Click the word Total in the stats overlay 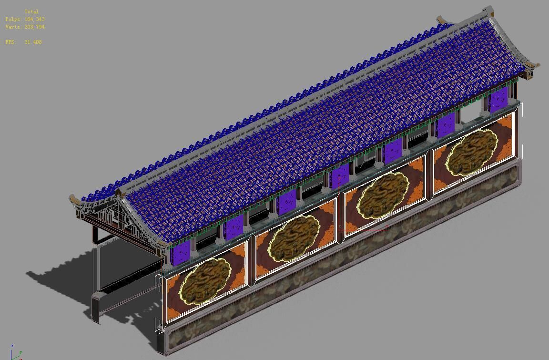pos(31,11)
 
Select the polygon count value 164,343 pos(34,19)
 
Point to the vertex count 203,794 pos(34,27)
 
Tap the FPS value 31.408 pos(33,42)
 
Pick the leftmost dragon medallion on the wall pos(205,280)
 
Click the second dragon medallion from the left pos(294,238)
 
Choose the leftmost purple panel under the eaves pos(181,252)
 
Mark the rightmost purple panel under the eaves pos(498,100)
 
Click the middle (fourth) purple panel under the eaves pos(340,176)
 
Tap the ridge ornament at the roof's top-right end pos(487,10)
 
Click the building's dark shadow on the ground pos(62,286)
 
